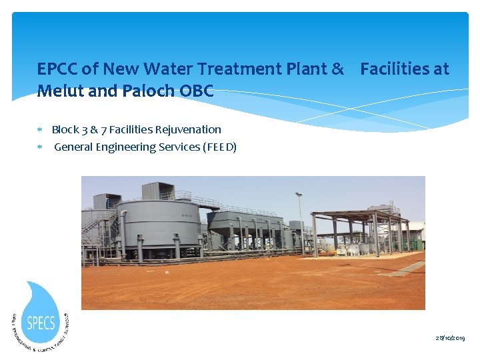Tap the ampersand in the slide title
[337, 69]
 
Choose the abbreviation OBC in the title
[196, 91]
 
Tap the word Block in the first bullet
[65, 129]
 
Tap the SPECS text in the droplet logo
[41, 322]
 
